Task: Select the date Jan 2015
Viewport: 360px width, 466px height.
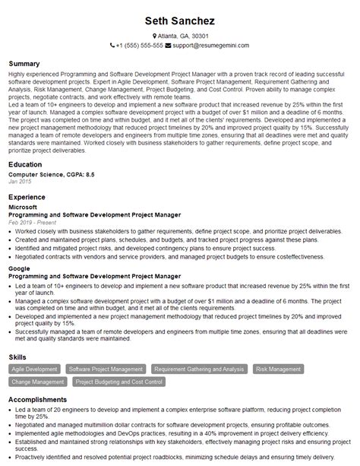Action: pos(19,182)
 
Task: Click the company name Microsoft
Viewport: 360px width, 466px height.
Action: pos(22,207)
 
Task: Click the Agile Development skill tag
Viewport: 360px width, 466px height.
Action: pos(34,369)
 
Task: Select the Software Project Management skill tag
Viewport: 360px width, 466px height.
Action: pos(106,369)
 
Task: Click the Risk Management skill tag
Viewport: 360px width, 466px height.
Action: pos(278,369)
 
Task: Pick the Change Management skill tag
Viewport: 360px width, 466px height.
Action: pos(36,382)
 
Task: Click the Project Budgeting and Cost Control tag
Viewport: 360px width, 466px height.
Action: pos(119,382)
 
